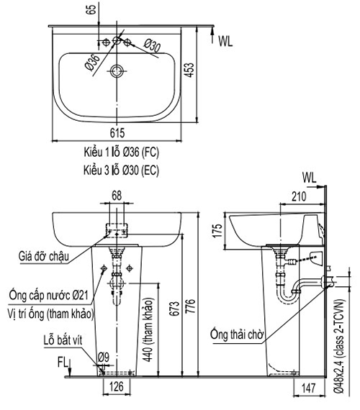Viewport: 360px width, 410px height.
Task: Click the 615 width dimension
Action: tap(117, 133)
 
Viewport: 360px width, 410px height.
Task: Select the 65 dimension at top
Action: tap(91, 9)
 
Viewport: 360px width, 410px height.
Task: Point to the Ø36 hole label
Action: tap(92, 63)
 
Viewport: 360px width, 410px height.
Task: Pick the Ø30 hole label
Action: tap(152, 46)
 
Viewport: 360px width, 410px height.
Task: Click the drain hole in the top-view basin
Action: tap(117, 71)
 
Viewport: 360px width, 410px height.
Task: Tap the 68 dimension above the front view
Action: tap(117, 196)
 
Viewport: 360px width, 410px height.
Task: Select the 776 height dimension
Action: tap(191, 306)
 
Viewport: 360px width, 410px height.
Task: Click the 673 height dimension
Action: tap(176, 309)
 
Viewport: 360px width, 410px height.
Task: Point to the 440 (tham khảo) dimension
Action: tap(148, 329)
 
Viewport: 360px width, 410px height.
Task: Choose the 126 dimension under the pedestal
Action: tap(117, 387)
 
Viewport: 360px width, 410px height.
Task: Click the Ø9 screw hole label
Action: tap(104, 357)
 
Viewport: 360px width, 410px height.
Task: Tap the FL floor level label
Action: tap(63, 363)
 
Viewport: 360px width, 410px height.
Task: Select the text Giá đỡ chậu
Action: tap(44, 256)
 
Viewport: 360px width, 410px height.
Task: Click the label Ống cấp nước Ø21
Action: tap(49, 295)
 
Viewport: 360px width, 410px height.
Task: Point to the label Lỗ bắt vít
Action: tap(63, 340)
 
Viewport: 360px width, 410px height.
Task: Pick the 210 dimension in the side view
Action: tap(299, 196)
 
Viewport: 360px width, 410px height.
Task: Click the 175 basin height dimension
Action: tap(217, 231)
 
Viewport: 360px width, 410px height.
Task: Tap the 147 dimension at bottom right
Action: tap(308, 388)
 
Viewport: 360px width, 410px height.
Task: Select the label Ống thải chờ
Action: tap(236, 334)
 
